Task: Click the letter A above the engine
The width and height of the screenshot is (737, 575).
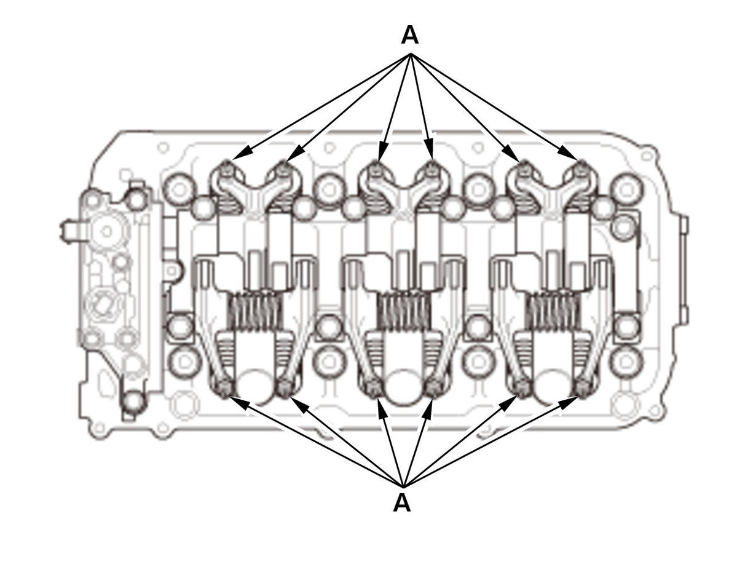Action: (x=409, y=35)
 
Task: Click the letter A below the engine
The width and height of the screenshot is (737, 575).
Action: (x=401, y=502)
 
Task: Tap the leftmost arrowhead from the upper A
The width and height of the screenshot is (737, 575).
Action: (x=242, y=152)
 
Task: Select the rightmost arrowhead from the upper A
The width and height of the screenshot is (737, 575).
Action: (x=568, y=153)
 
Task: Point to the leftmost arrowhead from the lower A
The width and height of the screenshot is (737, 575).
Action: (x=238, y=402)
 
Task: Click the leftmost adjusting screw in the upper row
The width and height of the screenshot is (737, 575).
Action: (x=228, y=168)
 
